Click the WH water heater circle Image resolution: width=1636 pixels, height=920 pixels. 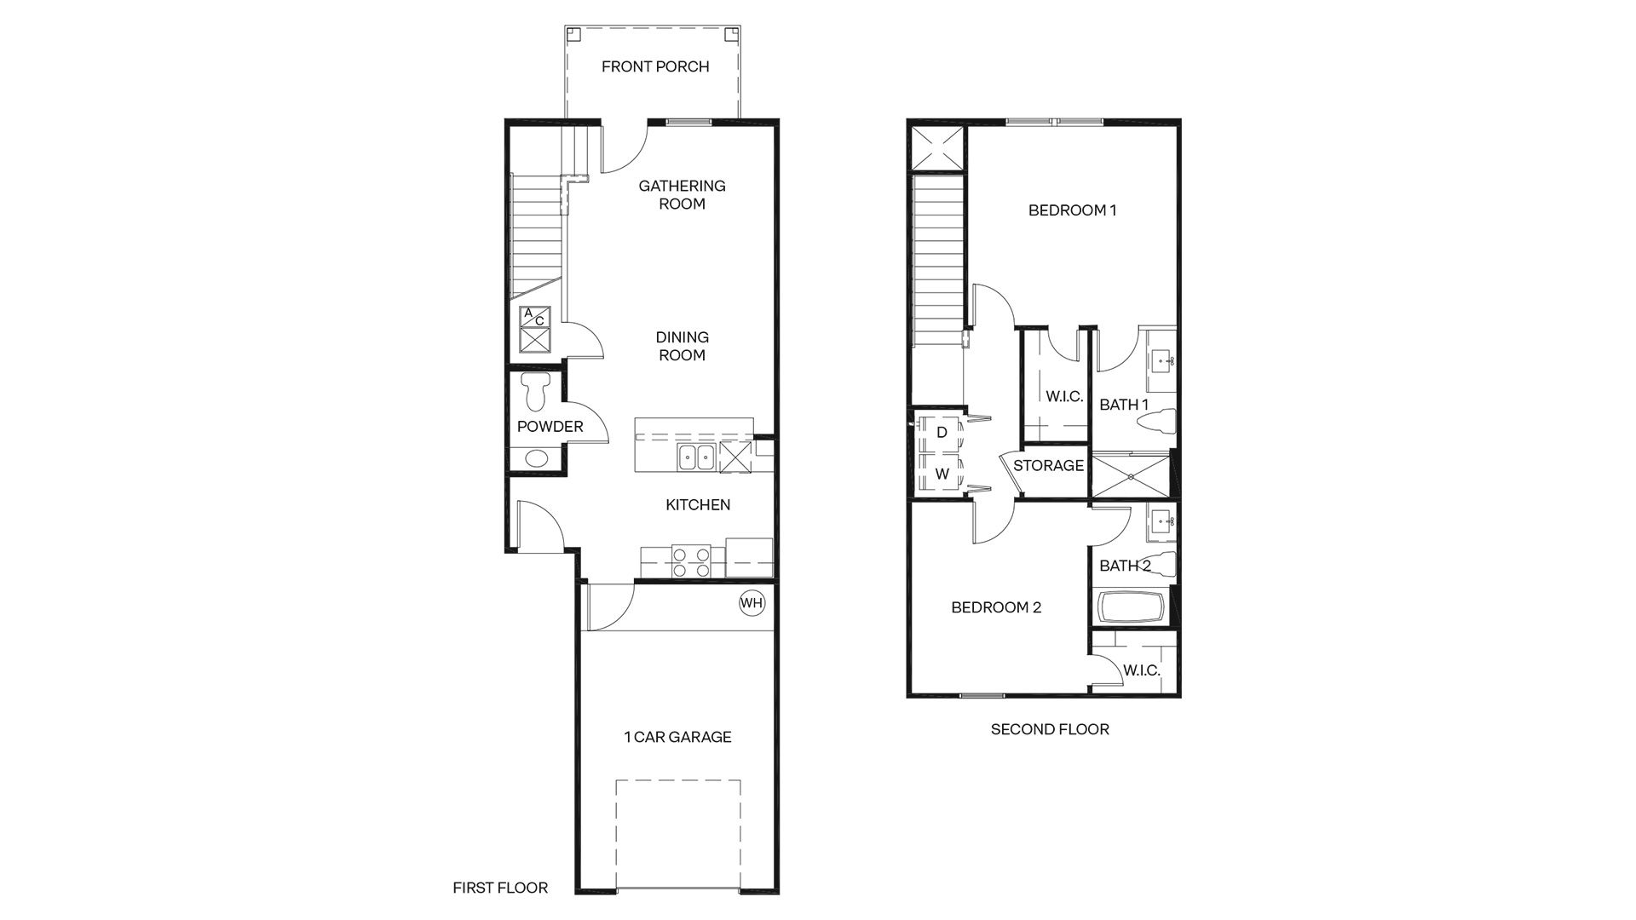click(752, 603)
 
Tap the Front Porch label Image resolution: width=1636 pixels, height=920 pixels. click(655, 66)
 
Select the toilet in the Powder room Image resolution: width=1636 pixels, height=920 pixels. click(536, 390)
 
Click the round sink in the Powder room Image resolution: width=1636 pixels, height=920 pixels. click(536, 458)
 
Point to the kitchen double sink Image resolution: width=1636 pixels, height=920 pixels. click(698, 457)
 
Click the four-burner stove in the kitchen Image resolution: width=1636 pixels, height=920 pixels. click(691, 562)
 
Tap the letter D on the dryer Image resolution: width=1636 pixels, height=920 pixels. click(942, 433)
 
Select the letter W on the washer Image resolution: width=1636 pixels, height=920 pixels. click(942, 474)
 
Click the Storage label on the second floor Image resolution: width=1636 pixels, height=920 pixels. click(1048, 466)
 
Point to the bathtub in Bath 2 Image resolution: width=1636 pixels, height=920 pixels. click(1131, 608)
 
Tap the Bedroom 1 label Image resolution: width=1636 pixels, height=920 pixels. click(1072, 210)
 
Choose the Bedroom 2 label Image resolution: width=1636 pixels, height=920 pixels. click(996, 607)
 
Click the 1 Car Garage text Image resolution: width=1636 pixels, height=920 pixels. click(677, 737)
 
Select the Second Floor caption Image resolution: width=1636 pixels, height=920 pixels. click(1050, 729)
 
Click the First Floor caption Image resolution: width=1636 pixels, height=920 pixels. click(500, 888)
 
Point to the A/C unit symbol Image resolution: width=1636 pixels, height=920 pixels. click(536, 330)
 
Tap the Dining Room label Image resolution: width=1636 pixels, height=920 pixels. click(682, 347)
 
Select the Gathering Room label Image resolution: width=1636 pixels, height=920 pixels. click(682, 194)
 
